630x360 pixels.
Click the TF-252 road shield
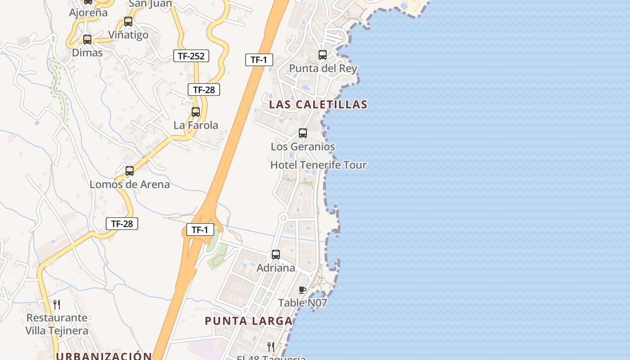coord(191,56)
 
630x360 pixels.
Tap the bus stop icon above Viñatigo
coord(128,21)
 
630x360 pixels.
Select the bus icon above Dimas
coord(87,39)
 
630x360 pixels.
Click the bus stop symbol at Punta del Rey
coord(323,55)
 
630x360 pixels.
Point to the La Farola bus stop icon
coord(196,112)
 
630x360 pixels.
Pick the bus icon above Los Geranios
coord(303,133)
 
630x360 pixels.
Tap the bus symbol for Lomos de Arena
coord(130,171)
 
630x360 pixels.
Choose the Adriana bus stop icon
coord(276,255)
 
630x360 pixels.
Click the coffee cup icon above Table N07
coord(302,290)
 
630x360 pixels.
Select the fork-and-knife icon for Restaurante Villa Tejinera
coord(57,305)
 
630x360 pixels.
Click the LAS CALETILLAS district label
coord(318,104)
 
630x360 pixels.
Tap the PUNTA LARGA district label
coord(249,321)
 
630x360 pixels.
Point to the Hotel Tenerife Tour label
coord(318,165)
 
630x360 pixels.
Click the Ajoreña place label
coord(88,13)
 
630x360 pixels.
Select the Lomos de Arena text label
coord(130,184)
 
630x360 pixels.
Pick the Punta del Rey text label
coord(323,68)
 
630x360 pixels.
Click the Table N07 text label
coord(302,303)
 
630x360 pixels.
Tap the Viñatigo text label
coord(128,35)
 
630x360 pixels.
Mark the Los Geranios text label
coord(303,147)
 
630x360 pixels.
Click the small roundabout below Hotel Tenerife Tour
coord(283,218)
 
